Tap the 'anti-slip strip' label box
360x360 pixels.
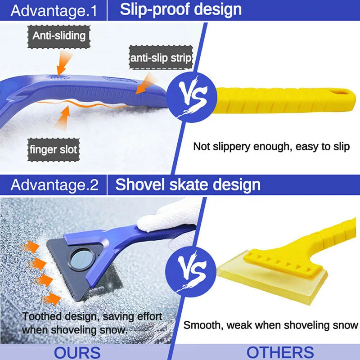(x=161, y=58)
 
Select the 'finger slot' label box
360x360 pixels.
(x=54, y=149)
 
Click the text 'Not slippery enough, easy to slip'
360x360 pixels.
(x=271, y=147)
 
